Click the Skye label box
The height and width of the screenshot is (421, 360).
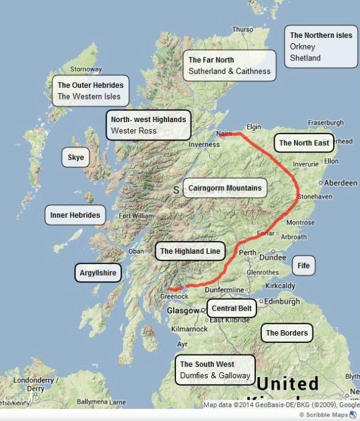(76, 158)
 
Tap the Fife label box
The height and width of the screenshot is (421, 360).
(304, 266)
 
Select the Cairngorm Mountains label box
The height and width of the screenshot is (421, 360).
(225, 188)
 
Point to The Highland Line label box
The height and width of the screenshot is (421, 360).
(189, 251)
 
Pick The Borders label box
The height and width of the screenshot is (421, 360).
(287, 333)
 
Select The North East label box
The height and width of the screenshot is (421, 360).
(304, 143)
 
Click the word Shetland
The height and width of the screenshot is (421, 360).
(305, 58)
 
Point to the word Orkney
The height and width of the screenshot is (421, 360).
(303, 47)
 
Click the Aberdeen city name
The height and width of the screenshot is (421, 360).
(341, 183)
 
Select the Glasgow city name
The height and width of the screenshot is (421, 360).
(183, 311)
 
